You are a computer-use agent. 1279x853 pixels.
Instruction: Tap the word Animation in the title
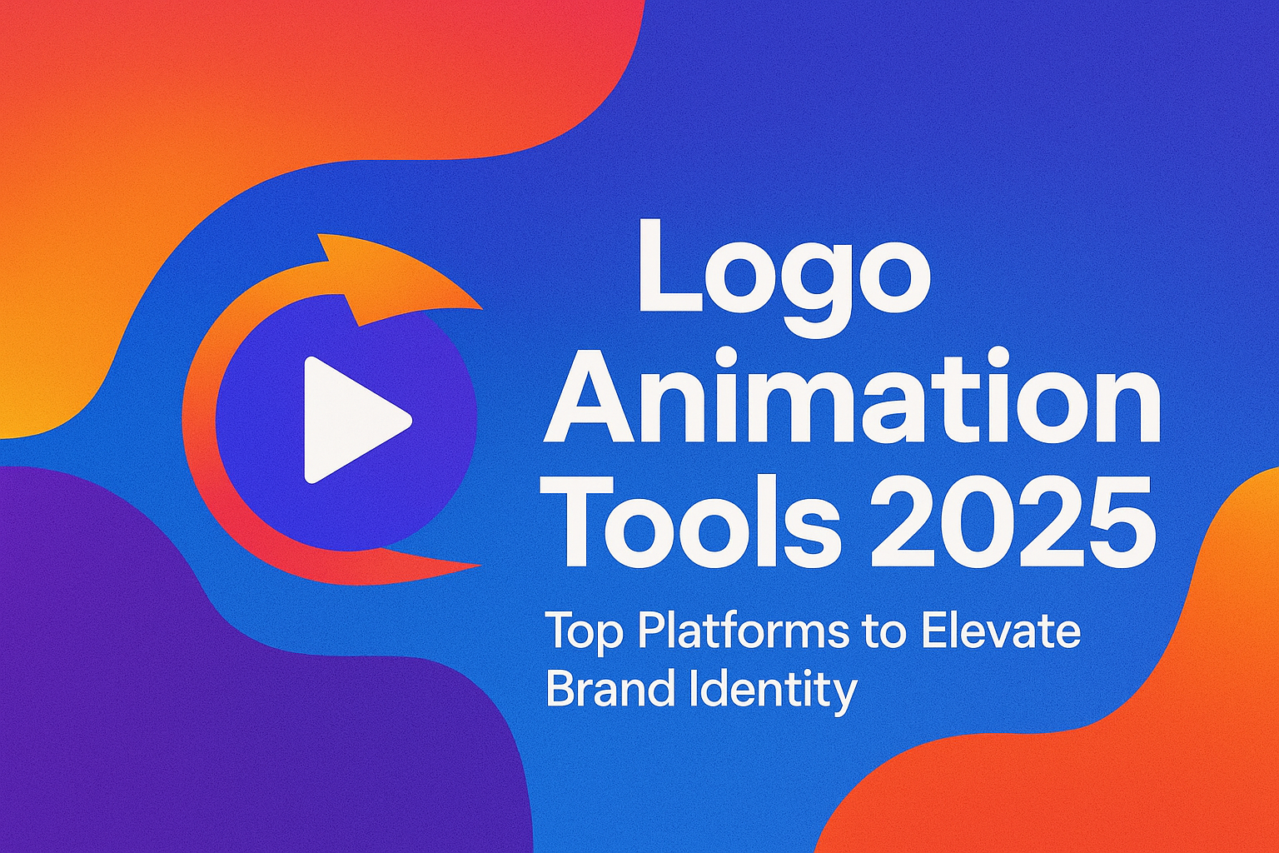[850, 397]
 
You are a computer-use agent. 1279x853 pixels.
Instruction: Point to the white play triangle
[348, 420]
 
